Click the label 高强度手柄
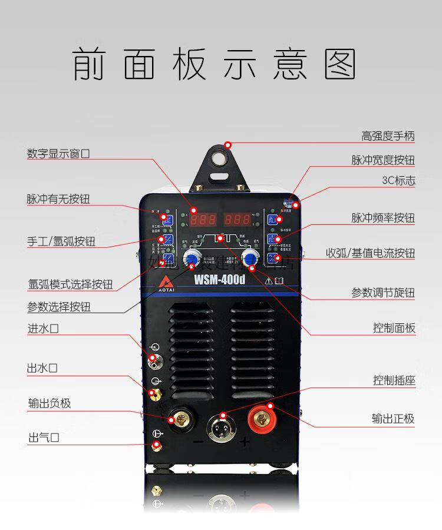coord(388,136)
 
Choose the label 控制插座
coord(394,380)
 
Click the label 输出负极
coord(50,403)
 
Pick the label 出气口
coord(44,438)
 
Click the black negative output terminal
coord(179,419)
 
